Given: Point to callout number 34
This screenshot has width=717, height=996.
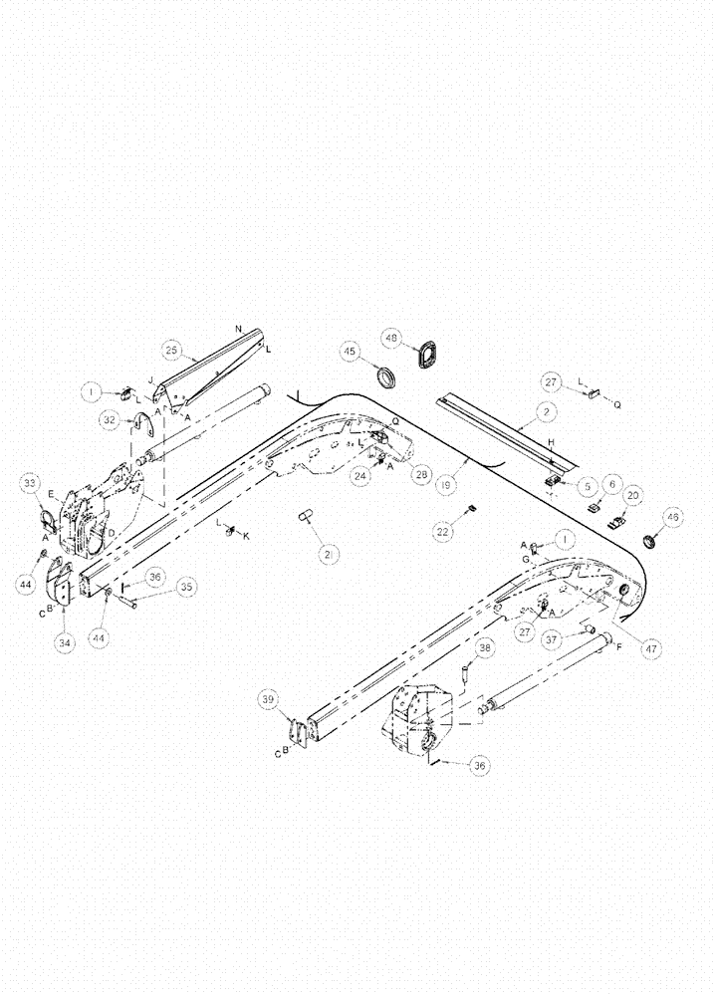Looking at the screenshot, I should click(x=66, y=642).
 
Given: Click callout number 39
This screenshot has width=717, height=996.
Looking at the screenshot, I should click(x=269, y=701).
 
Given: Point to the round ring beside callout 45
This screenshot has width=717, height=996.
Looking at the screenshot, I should click(x=383, y=377).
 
